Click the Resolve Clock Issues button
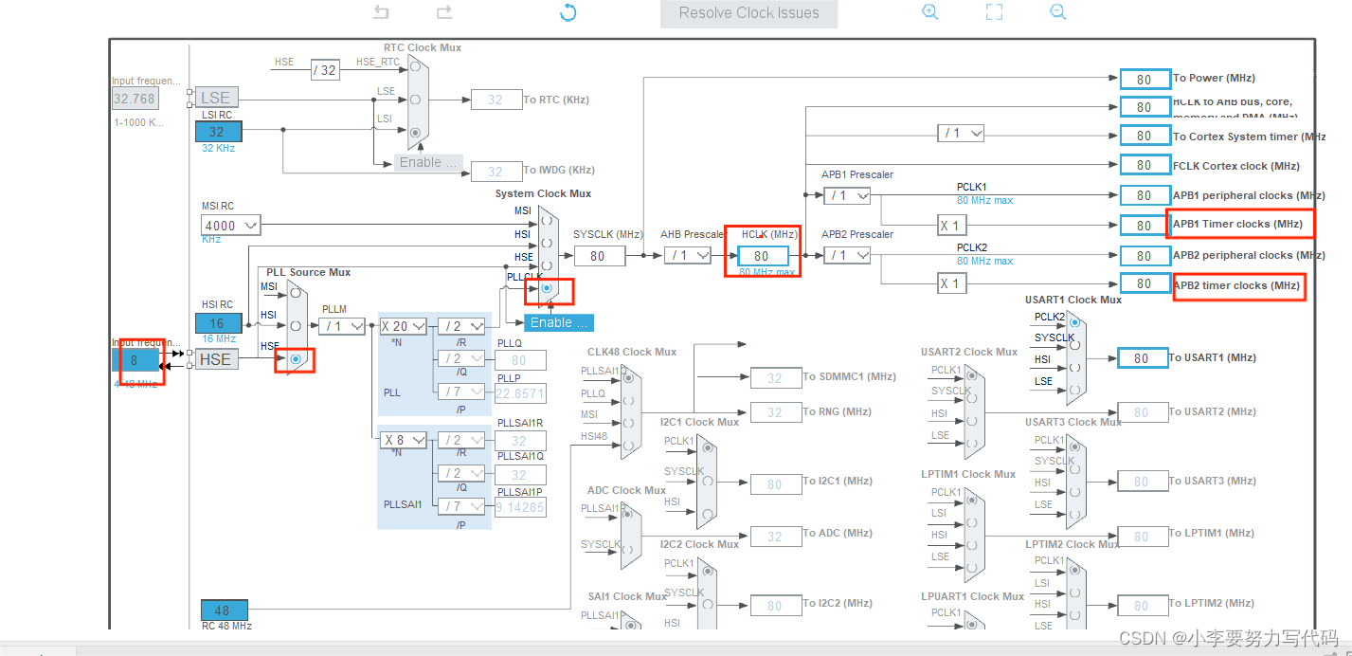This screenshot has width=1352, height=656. point(748,13)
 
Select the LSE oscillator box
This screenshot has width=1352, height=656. point(215,98)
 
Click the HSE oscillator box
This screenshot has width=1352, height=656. point(215,359)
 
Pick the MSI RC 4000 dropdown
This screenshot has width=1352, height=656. point(230,226)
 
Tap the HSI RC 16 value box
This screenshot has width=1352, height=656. point(219,323)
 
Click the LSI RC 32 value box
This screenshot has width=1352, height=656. point(219,132)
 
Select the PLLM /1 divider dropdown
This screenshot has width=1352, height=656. point(342,326)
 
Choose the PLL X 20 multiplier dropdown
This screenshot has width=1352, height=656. point(403,326)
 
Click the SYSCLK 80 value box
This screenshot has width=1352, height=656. point(598,256)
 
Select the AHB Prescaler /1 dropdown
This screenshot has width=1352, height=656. point(687,255)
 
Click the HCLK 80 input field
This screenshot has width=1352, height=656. point(762,256)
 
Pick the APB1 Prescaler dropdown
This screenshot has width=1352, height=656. point(847,195)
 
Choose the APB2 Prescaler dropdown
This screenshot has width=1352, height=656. point(847,255)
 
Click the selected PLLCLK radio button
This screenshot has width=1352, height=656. point(547,287)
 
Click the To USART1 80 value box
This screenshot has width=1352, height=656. point(1144,358)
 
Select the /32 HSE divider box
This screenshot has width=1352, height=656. point(325,70)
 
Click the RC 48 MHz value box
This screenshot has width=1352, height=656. point(225,610)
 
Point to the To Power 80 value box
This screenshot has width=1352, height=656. point(1144,79)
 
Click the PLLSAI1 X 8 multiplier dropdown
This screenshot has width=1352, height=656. point(403,440)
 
